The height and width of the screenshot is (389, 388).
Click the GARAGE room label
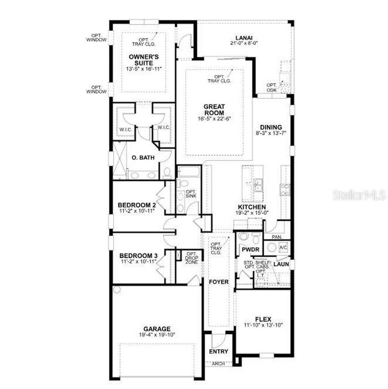156,329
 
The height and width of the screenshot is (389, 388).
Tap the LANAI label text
244,37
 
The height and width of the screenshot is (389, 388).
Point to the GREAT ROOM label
214,110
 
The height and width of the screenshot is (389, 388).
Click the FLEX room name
263,320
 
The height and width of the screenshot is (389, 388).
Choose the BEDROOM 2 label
137,205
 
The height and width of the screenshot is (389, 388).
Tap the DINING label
271,127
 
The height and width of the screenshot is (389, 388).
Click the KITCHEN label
252,207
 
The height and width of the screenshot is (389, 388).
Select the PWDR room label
250,250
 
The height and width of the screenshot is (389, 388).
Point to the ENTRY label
219,352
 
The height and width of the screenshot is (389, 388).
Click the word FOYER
219,282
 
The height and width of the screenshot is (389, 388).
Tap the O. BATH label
143,158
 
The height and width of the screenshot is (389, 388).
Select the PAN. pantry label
277,236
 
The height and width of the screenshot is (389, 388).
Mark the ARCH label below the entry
219,363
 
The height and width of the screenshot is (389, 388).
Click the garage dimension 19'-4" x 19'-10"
156,335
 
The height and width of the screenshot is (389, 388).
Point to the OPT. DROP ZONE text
192,258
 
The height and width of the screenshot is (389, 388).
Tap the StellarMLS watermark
359,195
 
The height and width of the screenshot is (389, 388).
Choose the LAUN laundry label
282,264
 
